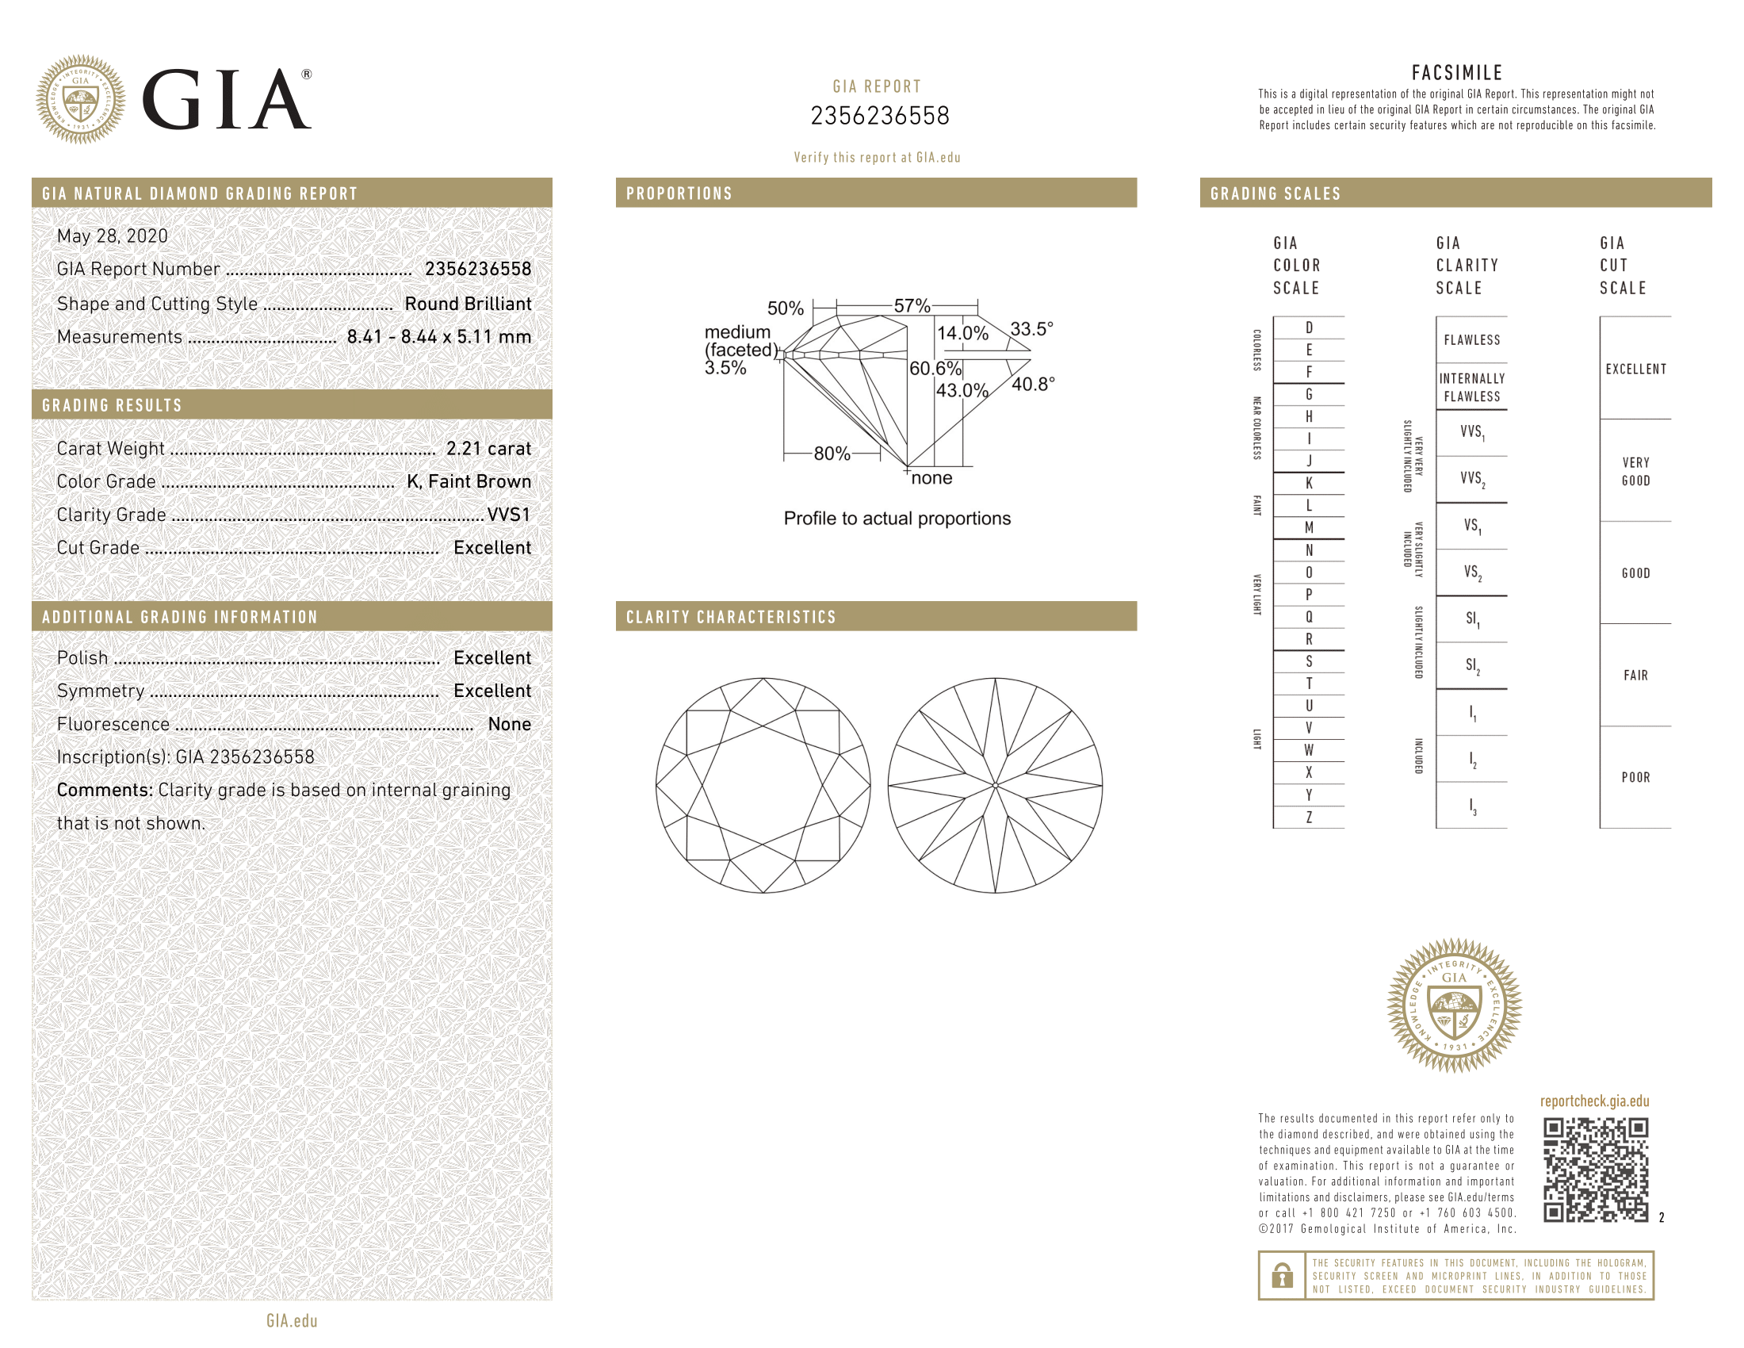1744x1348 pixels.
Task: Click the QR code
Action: pyautogui.click(x=1596, y=1170)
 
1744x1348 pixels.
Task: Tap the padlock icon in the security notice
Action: pyautogui.click(x=1283, y=1275)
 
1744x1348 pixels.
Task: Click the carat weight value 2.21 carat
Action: pyautogui.click(x=488, y=449)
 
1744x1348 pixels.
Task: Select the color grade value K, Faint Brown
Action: pyautogui.click(x=469, y=481)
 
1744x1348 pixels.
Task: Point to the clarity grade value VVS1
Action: pyautogui.click(x=509, y=515)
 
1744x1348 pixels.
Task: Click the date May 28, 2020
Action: pyautogui.click(x=113, y=236)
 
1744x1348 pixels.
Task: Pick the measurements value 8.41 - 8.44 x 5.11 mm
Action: pyautogui.click(x=439, y=337)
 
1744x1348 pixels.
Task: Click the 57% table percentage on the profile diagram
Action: pyautogui.click(x=912, y=306)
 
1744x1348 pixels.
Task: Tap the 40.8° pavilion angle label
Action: pyautogui.click(x=1033, y=384)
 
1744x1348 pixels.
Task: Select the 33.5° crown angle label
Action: pyautogui.click(x=1031, y=329)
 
